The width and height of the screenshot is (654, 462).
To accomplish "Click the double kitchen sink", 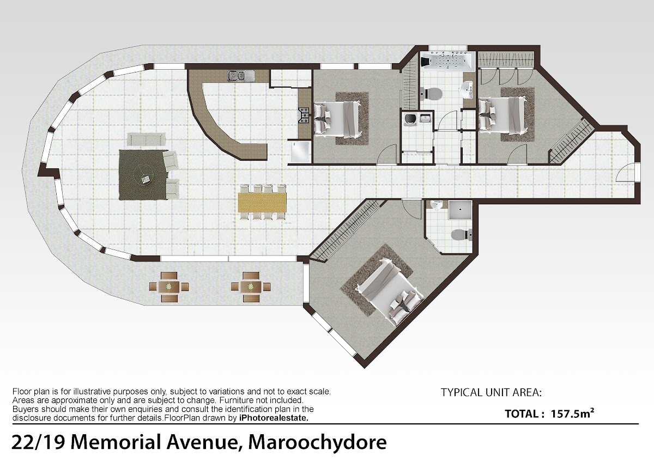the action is [240, 76].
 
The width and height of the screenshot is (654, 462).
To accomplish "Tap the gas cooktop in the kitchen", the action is [304, 115].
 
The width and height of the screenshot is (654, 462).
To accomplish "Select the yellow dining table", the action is [262, 202].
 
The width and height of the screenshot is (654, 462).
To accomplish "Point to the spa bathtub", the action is [447, 60].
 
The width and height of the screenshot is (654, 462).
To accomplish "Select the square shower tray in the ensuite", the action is [460, 210].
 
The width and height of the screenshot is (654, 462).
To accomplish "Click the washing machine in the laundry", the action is [410, 119].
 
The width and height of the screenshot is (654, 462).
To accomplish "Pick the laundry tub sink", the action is [424, 118].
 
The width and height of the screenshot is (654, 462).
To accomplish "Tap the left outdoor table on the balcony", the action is [169, 287].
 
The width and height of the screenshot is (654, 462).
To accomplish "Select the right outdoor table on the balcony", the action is [251, 287].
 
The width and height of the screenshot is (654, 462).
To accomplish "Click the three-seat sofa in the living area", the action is [146, 139].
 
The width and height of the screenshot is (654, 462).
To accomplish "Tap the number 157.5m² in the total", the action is [573, 414].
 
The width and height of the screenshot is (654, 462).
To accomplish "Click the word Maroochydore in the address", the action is [317, 442].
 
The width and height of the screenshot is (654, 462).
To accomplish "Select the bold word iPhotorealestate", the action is [274, 418].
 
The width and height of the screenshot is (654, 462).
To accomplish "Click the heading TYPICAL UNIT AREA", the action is [491, 393].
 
